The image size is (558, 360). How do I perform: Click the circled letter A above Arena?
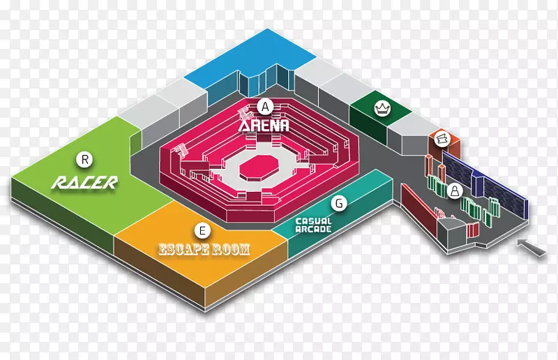[264, 107]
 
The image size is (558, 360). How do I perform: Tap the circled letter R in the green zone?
[85, 160]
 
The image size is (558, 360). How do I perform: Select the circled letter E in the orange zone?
[202, 229]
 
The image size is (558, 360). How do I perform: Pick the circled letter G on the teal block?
[339, 204]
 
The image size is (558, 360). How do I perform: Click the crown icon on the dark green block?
[382, 108]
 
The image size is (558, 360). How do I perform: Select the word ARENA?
[264, 126]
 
